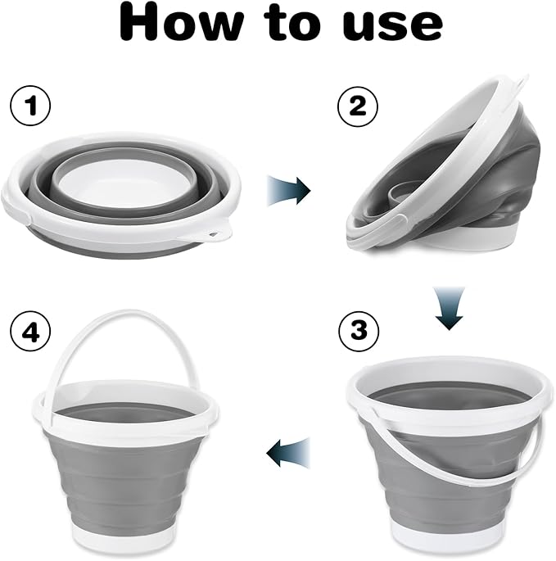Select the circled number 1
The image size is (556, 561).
point(29,106)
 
